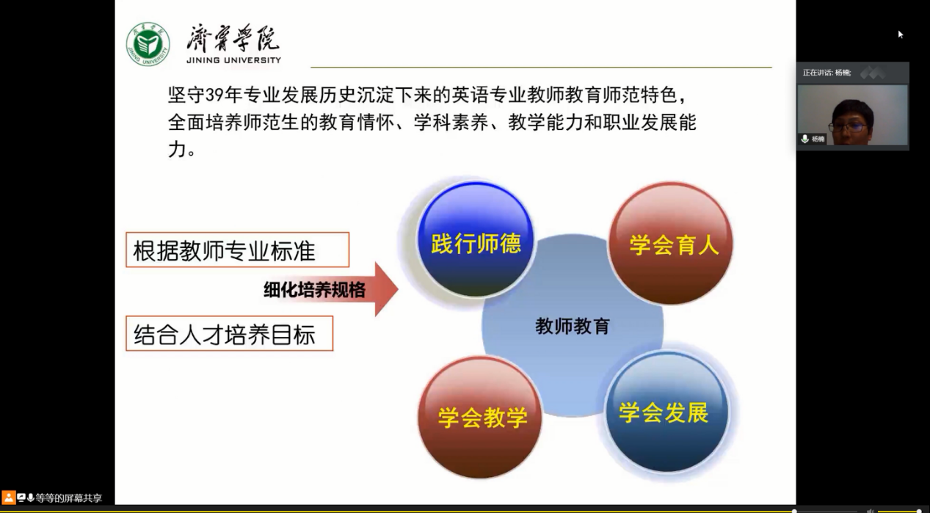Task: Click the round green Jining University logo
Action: (x=148, y=44)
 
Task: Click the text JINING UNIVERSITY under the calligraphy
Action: (x=233, y=60)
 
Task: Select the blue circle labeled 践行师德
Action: (x=476, y=239)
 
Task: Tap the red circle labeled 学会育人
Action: (x=670, y=243)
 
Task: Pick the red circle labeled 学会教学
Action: (x=479, y=417)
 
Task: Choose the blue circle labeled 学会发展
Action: (x=666, y=412)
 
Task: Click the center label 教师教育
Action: (x=573, y=326)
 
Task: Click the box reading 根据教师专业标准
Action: (x=238, y=250)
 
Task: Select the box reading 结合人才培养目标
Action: (x=229, y=334)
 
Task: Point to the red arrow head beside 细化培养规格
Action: (x=385, y=289)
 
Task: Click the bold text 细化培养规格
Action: (x=315, y=290)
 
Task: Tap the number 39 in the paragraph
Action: (x=214, y=95)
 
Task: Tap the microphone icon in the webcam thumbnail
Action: (x=804, y=139)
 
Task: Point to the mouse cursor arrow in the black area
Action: (x=900, y=34)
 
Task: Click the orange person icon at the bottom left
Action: (x=8, y=498)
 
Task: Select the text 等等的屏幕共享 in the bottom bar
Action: (x=68, y=498)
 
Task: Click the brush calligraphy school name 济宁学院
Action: (x=233, y=38)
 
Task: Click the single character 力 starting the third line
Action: (x=176, y=149)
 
